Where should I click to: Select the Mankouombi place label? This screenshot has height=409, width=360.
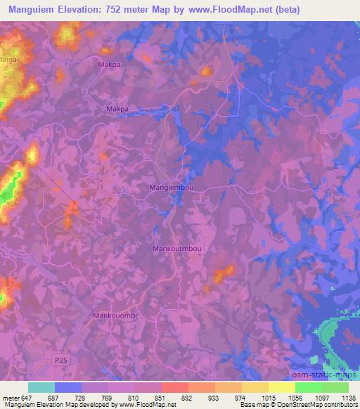[115, 316]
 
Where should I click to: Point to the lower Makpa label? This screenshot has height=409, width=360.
[117, 109]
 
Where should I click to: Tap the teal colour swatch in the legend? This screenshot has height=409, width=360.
[41, 387]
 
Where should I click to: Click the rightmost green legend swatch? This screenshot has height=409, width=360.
[335, 387]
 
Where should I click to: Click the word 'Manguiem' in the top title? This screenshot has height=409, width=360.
[31, 10]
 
